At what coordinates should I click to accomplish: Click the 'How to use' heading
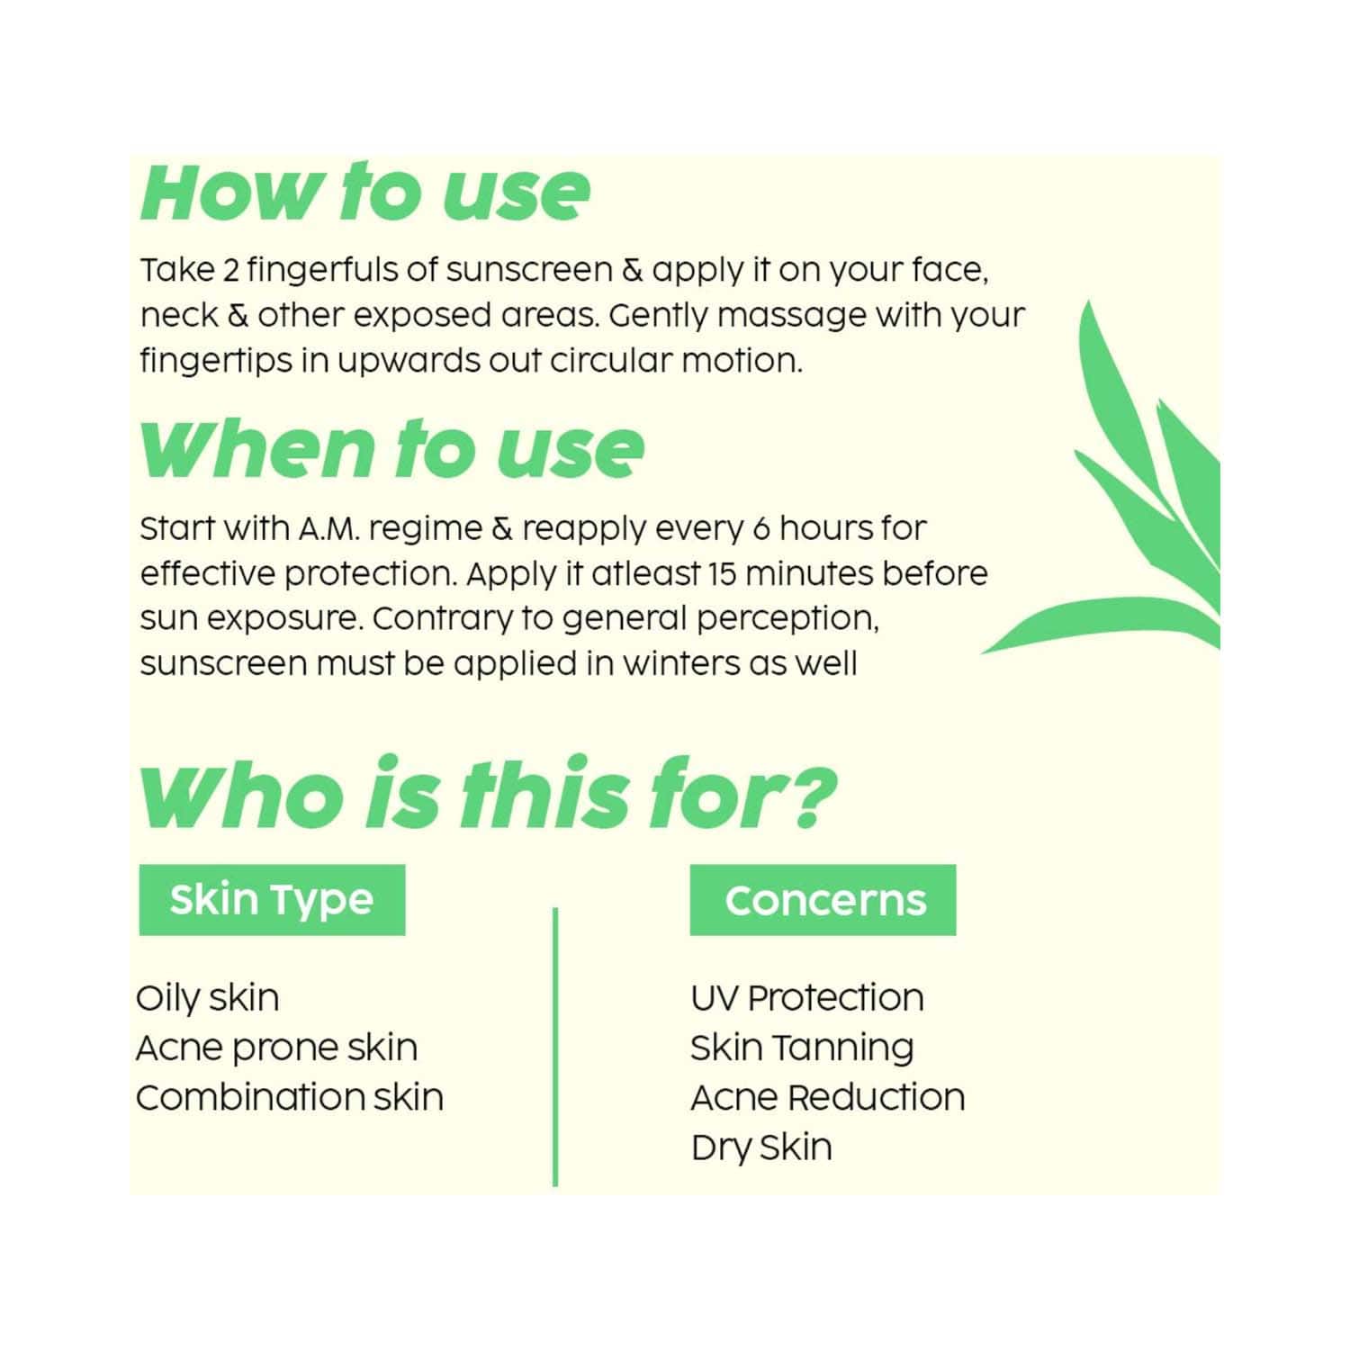click(x=365, y=192)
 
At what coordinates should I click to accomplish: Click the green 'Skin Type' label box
click(x=272, y=900)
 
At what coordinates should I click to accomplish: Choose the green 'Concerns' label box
click(x=823, y=900)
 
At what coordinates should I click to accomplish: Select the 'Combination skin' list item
click(x=290, y=1097)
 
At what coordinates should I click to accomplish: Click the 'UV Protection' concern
click(x=807, y=998)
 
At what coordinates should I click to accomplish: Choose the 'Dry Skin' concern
click(x=761, y=1147)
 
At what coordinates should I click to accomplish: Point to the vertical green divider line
click(x=555, y=1047)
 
